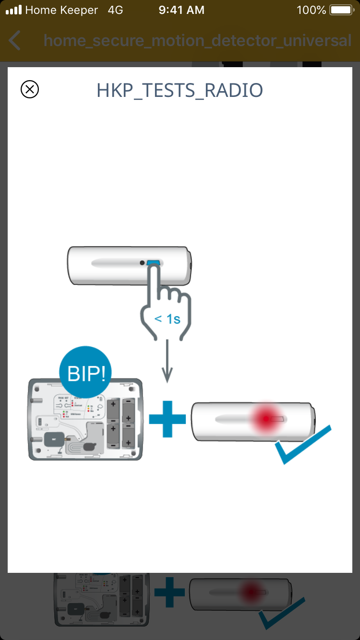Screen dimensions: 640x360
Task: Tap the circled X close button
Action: click(30, 89)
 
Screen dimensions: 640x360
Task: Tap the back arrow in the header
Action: click(15, 40)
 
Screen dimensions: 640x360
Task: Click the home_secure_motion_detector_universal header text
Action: click(197, 40)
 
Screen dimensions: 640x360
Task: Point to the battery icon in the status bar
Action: click(341, 10)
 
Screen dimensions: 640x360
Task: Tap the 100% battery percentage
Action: click(311, 10)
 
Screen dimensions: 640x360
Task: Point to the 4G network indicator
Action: click(116, 10)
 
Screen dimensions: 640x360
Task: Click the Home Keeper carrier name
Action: click(61, 10)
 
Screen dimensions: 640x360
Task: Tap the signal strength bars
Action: click(13, 10)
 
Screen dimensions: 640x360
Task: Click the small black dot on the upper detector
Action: click(142, 263)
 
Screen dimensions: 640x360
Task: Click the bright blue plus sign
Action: click(167, 419)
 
